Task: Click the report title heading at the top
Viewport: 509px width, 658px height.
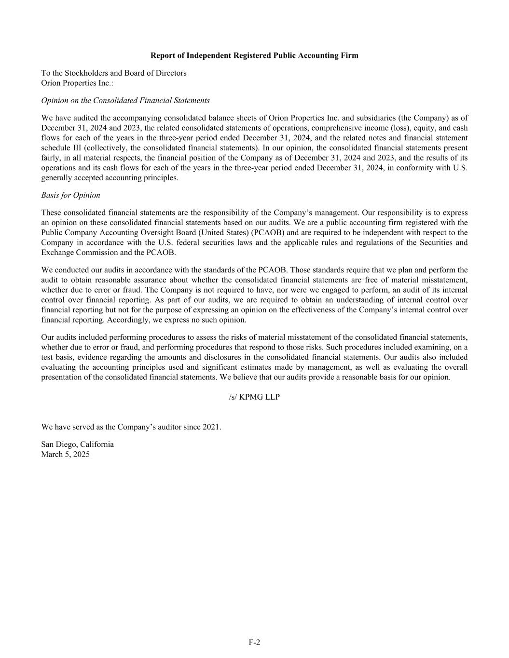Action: point(254,55)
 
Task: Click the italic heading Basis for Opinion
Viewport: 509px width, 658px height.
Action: point(71,195)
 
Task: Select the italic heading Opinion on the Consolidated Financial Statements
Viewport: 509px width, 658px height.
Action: point(125,101)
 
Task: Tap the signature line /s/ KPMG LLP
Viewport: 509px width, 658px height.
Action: point(254,397)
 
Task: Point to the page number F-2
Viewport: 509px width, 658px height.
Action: point(254,642)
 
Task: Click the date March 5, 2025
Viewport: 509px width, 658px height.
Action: point(66,454)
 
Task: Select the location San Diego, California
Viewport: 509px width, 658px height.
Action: point(78,444)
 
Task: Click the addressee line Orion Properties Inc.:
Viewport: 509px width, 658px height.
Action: point(77,83)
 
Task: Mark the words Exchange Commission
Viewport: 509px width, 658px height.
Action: point(72,253)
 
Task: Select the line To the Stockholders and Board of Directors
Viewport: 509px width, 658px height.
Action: point(114,73)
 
